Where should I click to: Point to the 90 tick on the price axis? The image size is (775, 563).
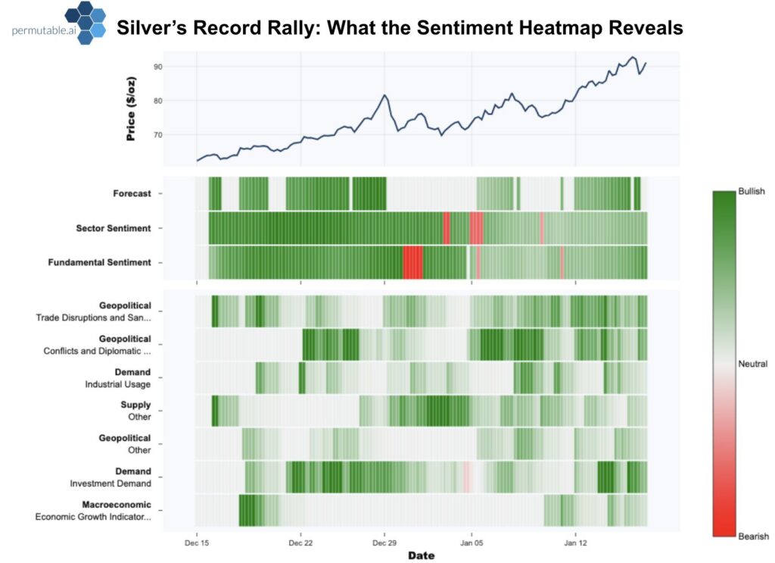pos(179,67)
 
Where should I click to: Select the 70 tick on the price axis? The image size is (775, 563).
pos(179,135)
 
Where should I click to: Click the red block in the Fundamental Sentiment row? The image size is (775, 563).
pos(412,262)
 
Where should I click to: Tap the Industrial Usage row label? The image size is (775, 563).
pos(117,383)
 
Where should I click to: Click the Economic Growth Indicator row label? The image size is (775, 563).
pos(93,516)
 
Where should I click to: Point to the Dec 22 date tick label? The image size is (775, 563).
pos(300,543)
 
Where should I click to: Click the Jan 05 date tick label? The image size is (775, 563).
pos(472,543)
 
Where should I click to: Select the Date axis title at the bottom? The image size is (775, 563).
pos(421,556)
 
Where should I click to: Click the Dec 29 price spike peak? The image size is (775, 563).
pos(384,95)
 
